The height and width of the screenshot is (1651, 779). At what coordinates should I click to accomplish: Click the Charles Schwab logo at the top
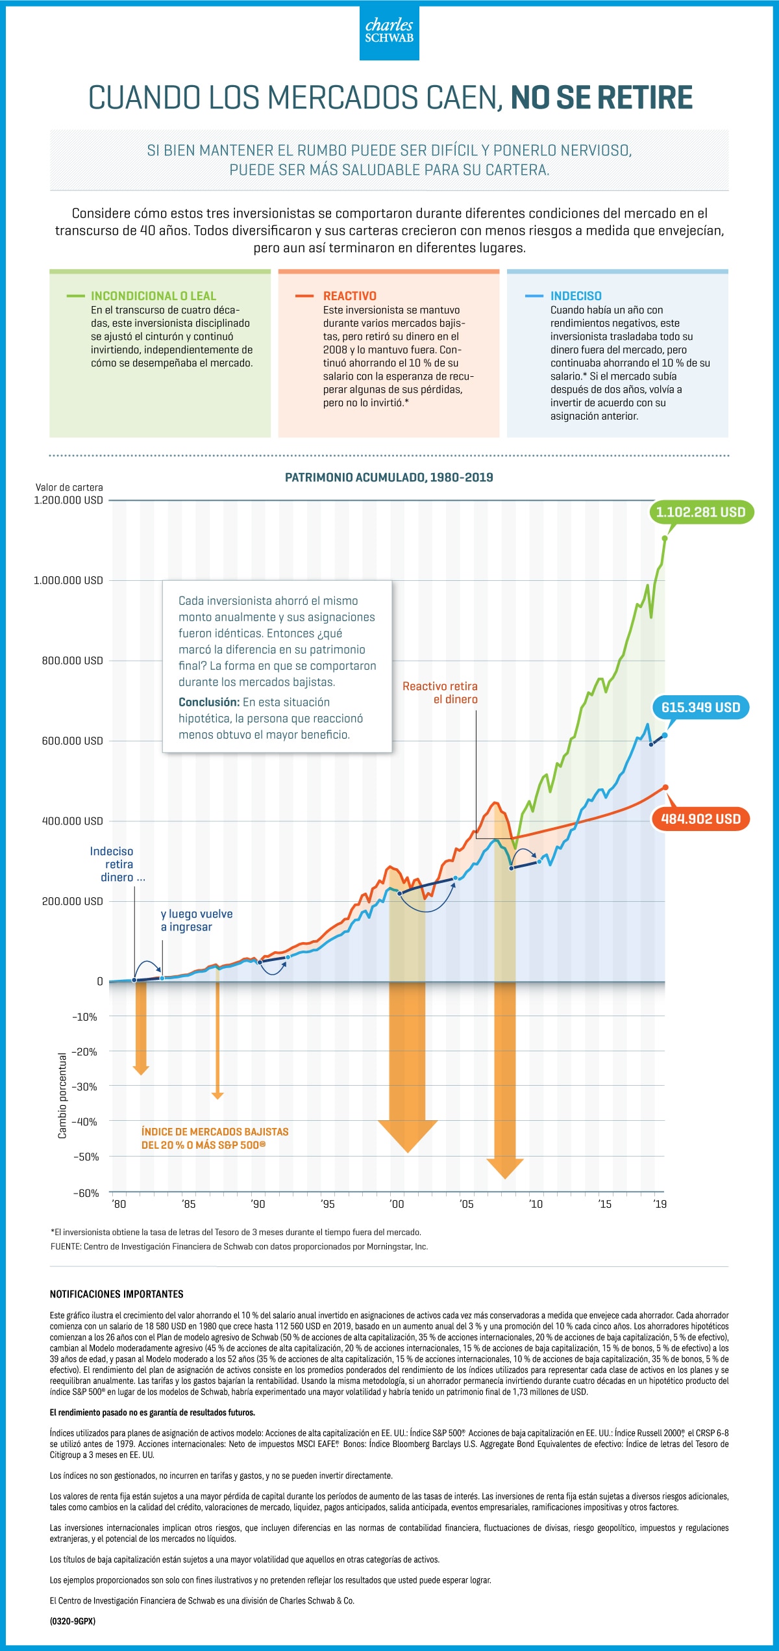point(389,31)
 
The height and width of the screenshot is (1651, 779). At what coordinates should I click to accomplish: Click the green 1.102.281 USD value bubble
point(700,512)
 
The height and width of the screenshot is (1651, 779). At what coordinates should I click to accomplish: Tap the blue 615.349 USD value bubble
point(700,708)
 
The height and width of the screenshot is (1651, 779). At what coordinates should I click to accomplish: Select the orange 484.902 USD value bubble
point(700,819)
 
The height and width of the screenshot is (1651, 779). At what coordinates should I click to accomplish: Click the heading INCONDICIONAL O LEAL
point(153,296)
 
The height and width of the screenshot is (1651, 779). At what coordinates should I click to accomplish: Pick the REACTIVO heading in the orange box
point(349,296)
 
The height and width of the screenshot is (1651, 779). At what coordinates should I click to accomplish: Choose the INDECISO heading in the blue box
point(576,296)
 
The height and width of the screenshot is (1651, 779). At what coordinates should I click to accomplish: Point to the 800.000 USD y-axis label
point(72,661)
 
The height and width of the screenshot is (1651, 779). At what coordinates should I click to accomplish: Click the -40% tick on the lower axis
point(84,1121)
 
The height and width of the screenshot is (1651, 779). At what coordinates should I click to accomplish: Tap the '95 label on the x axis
point(327,1204)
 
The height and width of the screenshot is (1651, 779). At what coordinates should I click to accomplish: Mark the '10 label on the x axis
point(535,1204)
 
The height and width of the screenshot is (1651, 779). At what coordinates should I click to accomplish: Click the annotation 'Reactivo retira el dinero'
point(440,693)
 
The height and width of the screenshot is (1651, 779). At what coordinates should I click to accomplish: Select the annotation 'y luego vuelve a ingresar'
point(196,920)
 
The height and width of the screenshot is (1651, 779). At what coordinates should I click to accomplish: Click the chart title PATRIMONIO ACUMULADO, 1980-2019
point(389,478)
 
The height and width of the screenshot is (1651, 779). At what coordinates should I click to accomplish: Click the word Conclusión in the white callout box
point(209,702)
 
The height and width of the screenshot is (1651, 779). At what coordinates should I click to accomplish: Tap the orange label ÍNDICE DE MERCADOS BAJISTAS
point(215,1132)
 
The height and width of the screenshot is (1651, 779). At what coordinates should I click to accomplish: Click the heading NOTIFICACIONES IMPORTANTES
point(117,1294)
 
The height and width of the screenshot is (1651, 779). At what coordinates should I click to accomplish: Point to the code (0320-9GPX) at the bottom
point(73,1621)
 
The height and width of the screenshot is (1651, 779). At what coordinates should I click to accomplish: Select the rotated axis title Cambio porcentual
point(62,1095)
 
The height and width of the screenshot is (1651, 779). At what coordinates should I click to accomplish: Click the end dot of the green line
point(665,538)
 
